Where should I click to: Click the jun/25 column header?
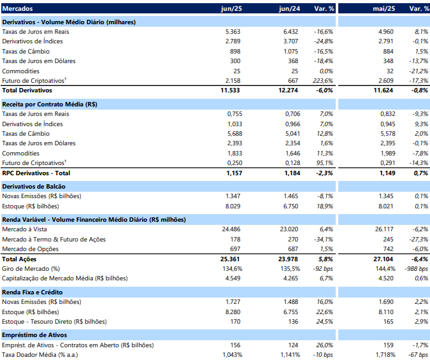(231, 9)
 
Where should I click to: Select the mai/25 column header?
(384, 9)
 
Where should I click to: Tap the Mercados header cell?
(18, 9)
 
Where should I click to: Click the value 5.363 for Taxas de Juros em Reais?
(233, 32)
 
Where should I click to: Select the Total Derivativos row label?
(27, 90)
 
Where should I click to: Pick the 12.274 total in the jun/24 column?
(288, 90)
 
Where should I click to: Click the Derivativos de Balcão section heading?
(34, 187)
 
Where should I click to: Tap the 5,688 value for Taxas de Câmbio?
(234, 134)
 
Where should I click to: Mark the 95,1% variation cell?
(325, 163)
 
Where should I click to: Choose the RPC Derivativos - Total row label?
(36, 173)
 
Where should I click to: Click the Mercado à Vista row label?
(24, 229)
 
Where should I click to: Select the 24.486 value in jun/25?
(231, 229)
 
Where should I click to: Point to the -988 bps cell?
(416, 269)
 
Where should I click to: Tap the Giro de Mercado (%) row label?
(31, 269)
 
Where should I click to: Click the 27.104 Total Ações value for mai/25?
(383, 259)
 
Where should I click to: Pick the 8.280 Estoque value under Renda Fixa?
(233, 312)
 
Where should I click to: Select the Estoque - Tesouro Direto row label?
(54, 322)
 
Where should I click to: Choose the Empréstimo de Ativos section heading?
(34, 335)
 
